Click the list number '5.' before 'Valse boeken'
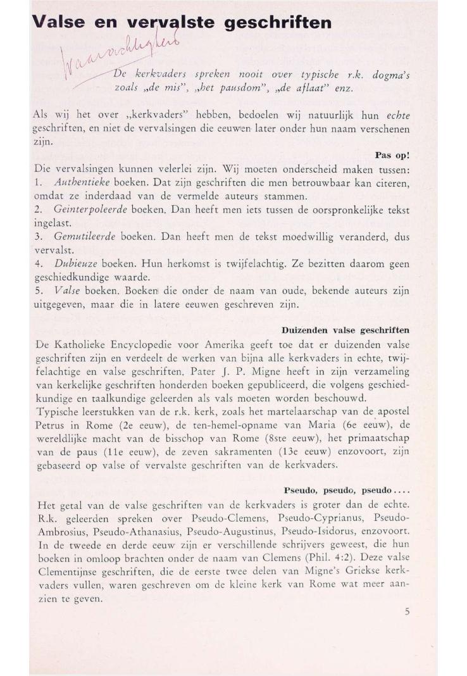(38, 291)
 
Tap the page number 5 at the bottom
(406, 611)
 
